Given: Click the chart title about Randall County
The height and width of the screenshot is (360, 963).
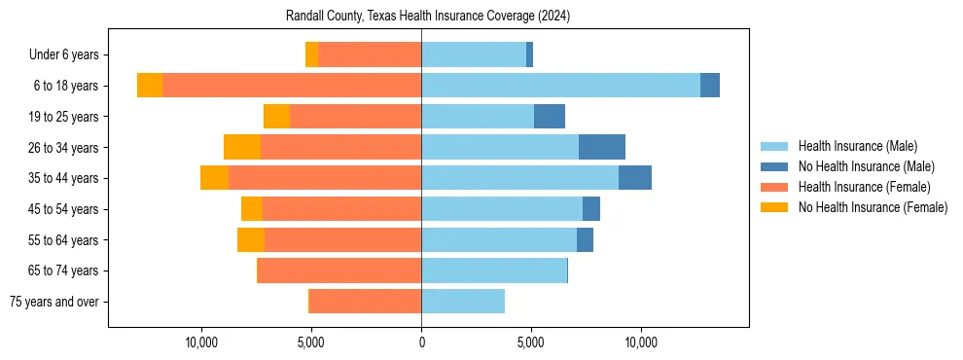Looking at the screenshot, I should click(428, 17).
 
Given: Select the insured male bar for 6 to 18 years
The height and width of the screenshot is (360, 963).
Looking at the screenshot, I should click(560, 86).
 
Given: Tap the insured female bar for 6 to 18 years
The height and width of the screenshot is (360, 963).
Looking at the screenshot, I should click(292, 86).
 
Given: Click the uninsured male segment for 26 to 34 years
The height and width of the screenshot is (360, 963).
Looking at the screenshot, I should click(602, 147).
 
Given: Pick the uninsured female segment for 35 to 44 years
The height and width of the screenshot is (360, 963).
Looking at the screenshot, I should click(214, 178).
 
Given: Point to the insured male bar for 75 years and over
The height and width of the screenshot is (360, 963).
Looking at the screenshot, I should click(463, 302).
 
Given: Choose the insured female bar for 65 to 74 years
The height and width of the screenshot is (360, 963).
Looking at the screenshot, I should click(339, 270).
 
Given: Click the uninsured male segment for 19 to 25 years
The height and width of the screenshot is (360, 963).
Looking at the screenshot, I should click(550, 117).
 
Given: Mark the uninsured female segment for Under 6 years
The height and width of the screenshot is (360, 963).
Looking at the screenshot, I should click(311, 54).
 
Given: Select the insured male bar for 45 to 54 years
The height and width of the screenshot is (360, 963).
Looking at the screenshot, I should click(502, 209).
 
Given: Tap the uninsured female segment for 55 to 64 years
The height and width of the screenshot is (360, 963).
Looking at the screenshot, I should click(251, 240).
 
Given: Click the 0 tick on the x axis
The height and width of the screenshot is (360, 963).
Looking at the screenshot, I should click(421, 342).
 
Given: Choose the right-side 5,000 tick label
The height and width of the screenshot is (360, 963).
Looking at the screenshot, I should click(531, 342).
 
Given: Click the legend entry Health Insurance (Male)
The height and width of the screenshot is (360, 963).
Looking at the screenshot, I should click(857, 146).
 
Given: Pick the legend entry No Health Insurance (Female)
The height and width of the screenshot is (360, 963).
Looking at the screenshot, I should click(873, 207).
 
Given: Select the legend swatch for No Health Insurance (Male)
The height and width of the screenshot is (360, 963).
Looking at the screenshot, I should click(774, 166).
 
